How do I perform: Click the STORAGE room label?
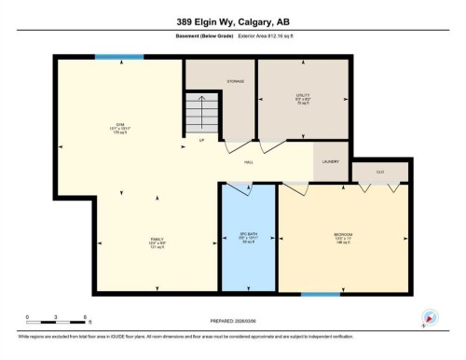point(236,82)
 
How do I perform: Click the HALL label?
point(250,162)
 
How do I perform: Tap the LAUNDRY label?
point(331,162)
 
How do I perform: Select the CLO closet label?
point(380,173)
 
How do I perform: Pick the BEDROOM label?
point(343,235)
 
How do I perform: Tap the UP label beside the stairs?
point(201,140)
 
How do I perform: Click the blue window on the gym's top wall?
point(119,57)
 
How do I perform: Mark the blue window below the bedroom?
point(320,296)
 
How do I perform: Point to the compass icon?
point(430,317)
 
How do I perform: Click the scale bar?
point(57,323)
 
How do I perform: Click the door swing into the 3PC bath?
point(237,189)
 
